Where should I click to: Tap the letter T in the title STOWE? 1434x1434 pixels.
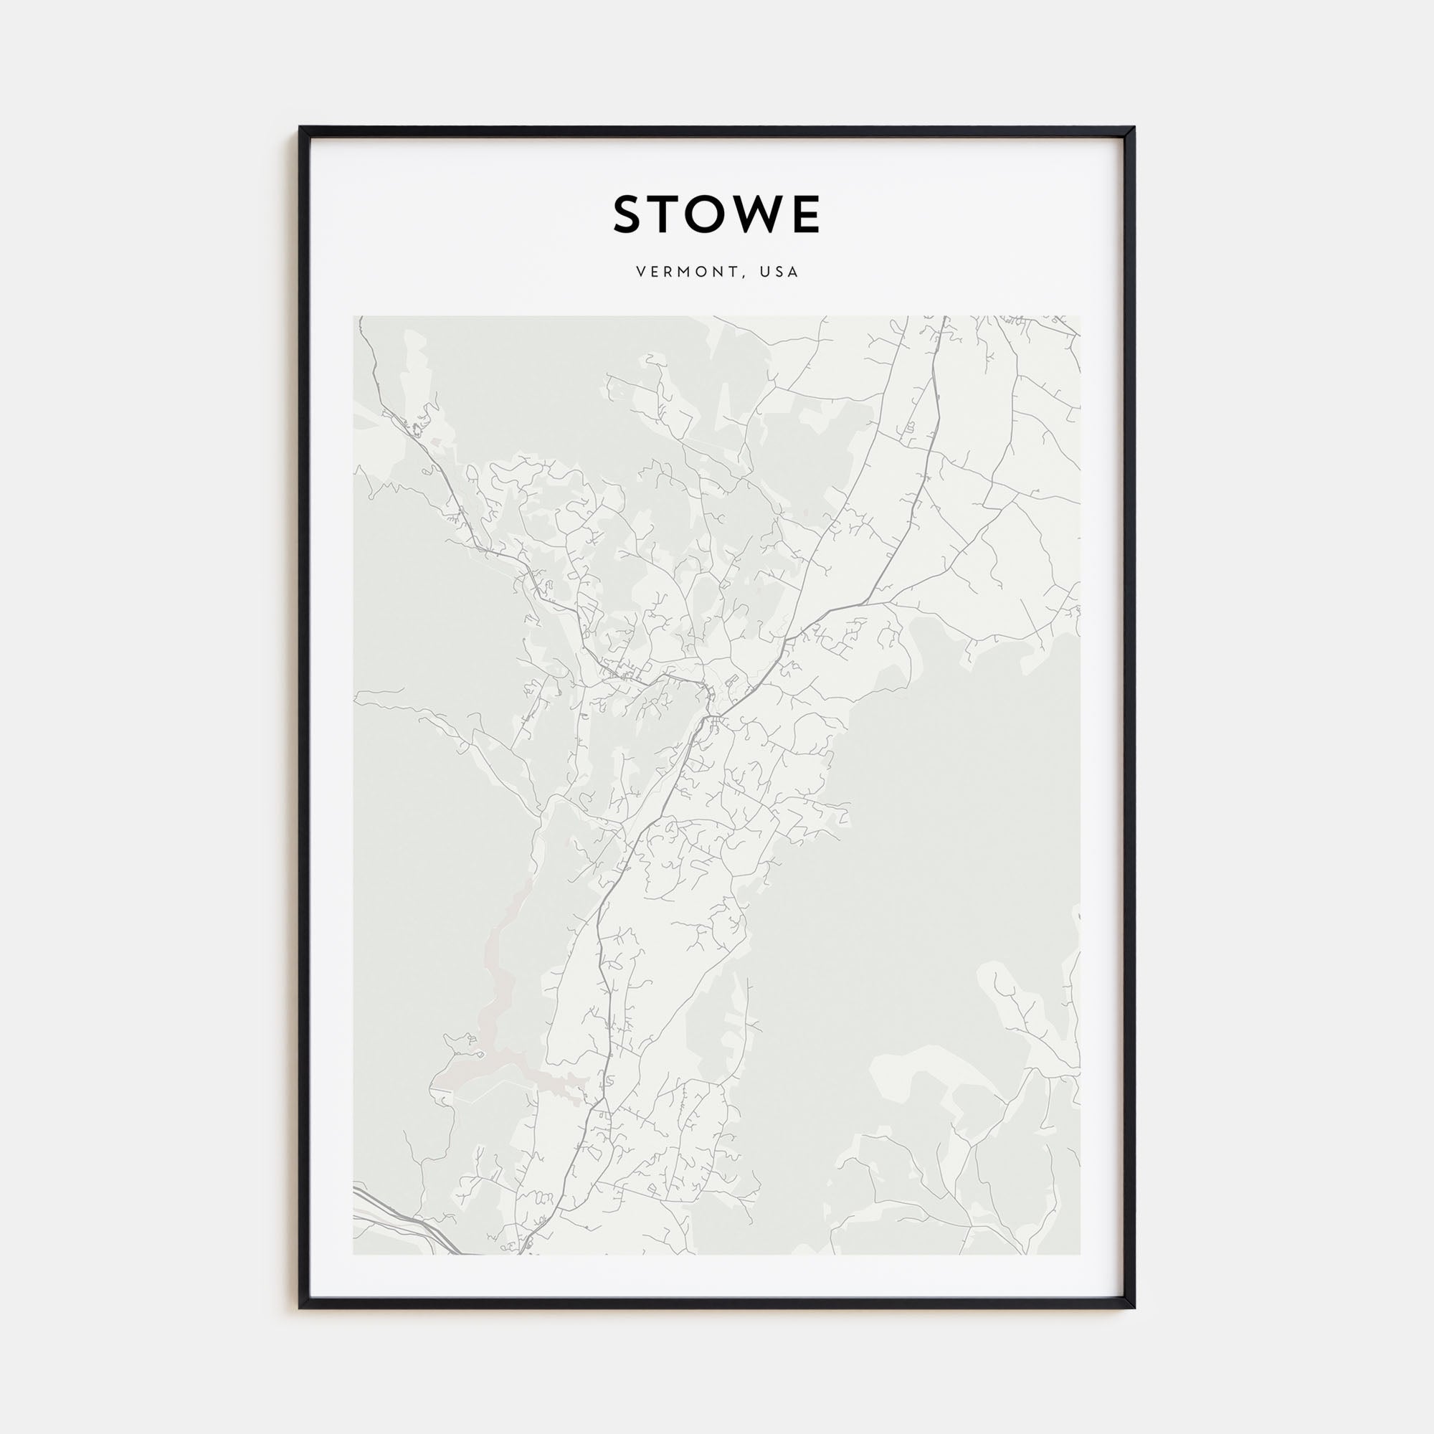673,214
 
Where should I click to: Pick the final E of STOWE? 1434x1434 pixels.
807,214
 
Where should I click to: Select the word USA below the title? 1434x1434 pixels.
779,272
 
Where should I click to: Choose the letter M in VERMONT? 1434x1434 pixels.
688,272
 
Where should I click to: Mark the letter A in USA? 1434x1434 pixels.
794,272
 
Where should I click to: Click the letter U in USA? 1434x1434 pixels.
764,272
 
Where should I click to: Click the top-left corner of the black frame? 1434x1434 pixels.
300,128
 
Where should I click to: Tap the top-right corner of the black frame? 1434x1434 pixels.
1134,128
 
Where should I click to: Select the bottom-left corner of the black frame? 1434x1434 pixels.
300,1307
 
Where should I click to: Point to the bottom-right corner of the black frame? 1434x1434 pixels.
1134,1307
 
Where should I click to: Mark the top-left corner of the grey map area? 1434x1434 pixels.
354,318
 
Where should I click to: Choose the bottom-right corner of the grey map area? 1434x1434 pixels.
1080,1254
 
